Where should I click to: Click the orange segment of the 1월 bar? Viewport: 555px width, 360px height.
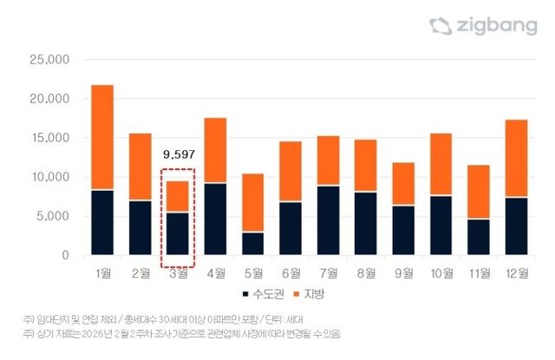click(x=102, y=137)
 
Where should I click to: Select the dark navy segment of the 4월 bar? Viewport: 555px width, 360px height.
click(x=215, y=219)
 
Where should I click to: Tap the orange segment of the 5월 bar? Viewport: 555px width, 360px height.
click(x=252, y=203)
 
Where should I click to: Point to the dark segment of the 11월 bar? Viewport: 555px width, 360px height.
click(x=478, y=237)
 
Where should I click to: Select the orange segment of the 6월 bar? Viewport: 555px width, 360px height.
click(x=290, y=172)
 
